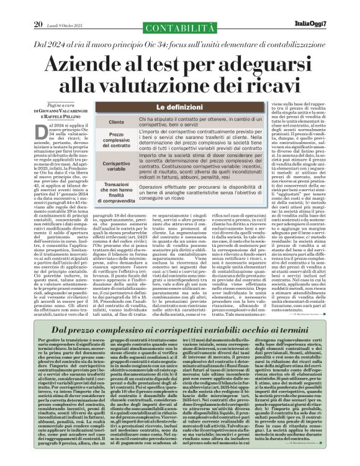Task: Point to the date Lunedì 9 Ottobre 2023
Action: (x=63, y=8)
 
